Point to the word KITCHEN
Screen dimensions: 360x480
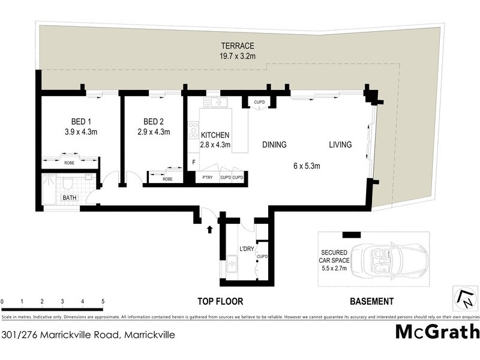coord(215,135)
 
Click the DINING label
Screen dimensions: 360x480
coord(274,145)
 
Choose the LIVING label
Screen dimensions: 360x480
coord(340,145)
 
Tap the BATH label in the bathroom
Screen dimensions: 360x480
coord(70,197)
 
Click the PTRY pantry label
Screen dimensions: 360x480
coord(208,178)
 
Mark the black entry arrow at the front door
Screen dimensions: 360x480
coord(209,229)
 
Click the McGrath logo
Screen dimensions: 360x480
coord(437,332)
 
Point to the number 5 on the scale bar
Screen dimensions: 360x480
coord(103,301)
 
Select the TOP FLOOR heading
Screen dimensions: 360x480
coord(220,302)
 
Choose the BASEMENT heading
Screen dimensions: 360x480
coord(371,302)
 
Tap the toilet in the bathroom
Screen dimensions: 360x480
coord(68,182)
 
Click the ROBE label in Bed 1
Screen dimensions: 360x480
coord(70,162)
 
